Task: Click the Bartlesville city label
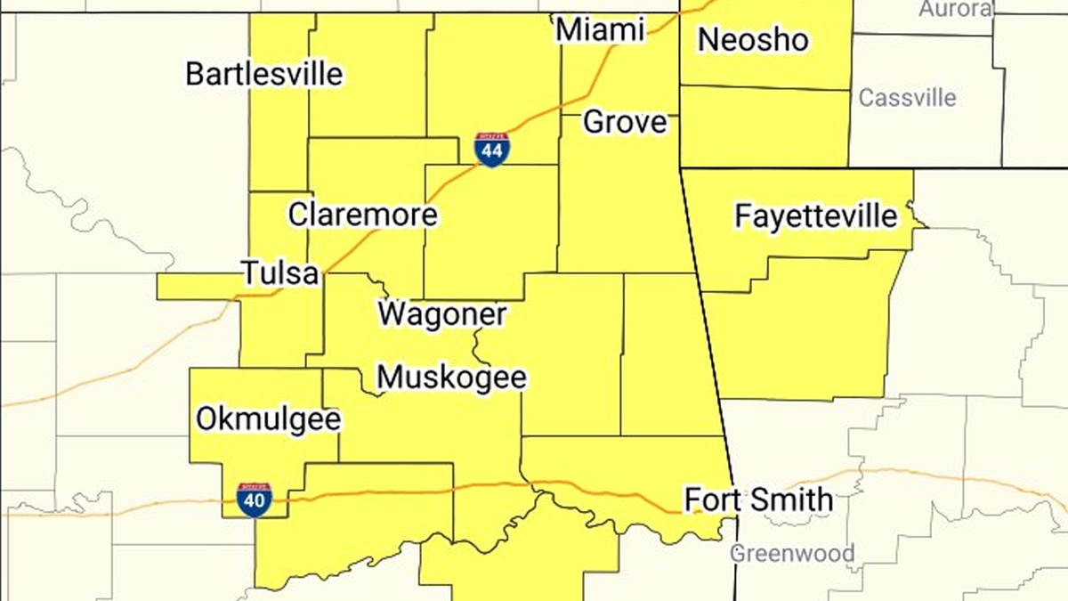(263, 73)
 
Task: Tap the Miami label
(600, 30)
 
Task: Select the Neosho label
(753, 39)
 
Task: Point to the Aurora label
(955, 9)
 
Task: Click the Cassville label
(907, 97)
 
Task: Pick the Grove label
(625, 122)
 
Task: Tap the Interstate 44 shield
(492, 150)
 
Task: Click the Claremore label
(362, 215)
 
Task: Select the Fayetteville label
(816, 215)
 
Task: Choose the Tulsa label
(280, 273)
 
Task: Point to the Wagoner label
(442, 313)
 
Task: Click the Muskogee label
(451, 378)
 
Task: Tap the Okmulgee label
(268, 418)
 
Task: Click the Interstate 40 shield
(255, 500)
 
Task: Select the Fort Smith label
(758, 499)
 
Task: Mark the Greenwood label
(792, 553)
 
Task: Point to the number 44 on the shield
(492, 153)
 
